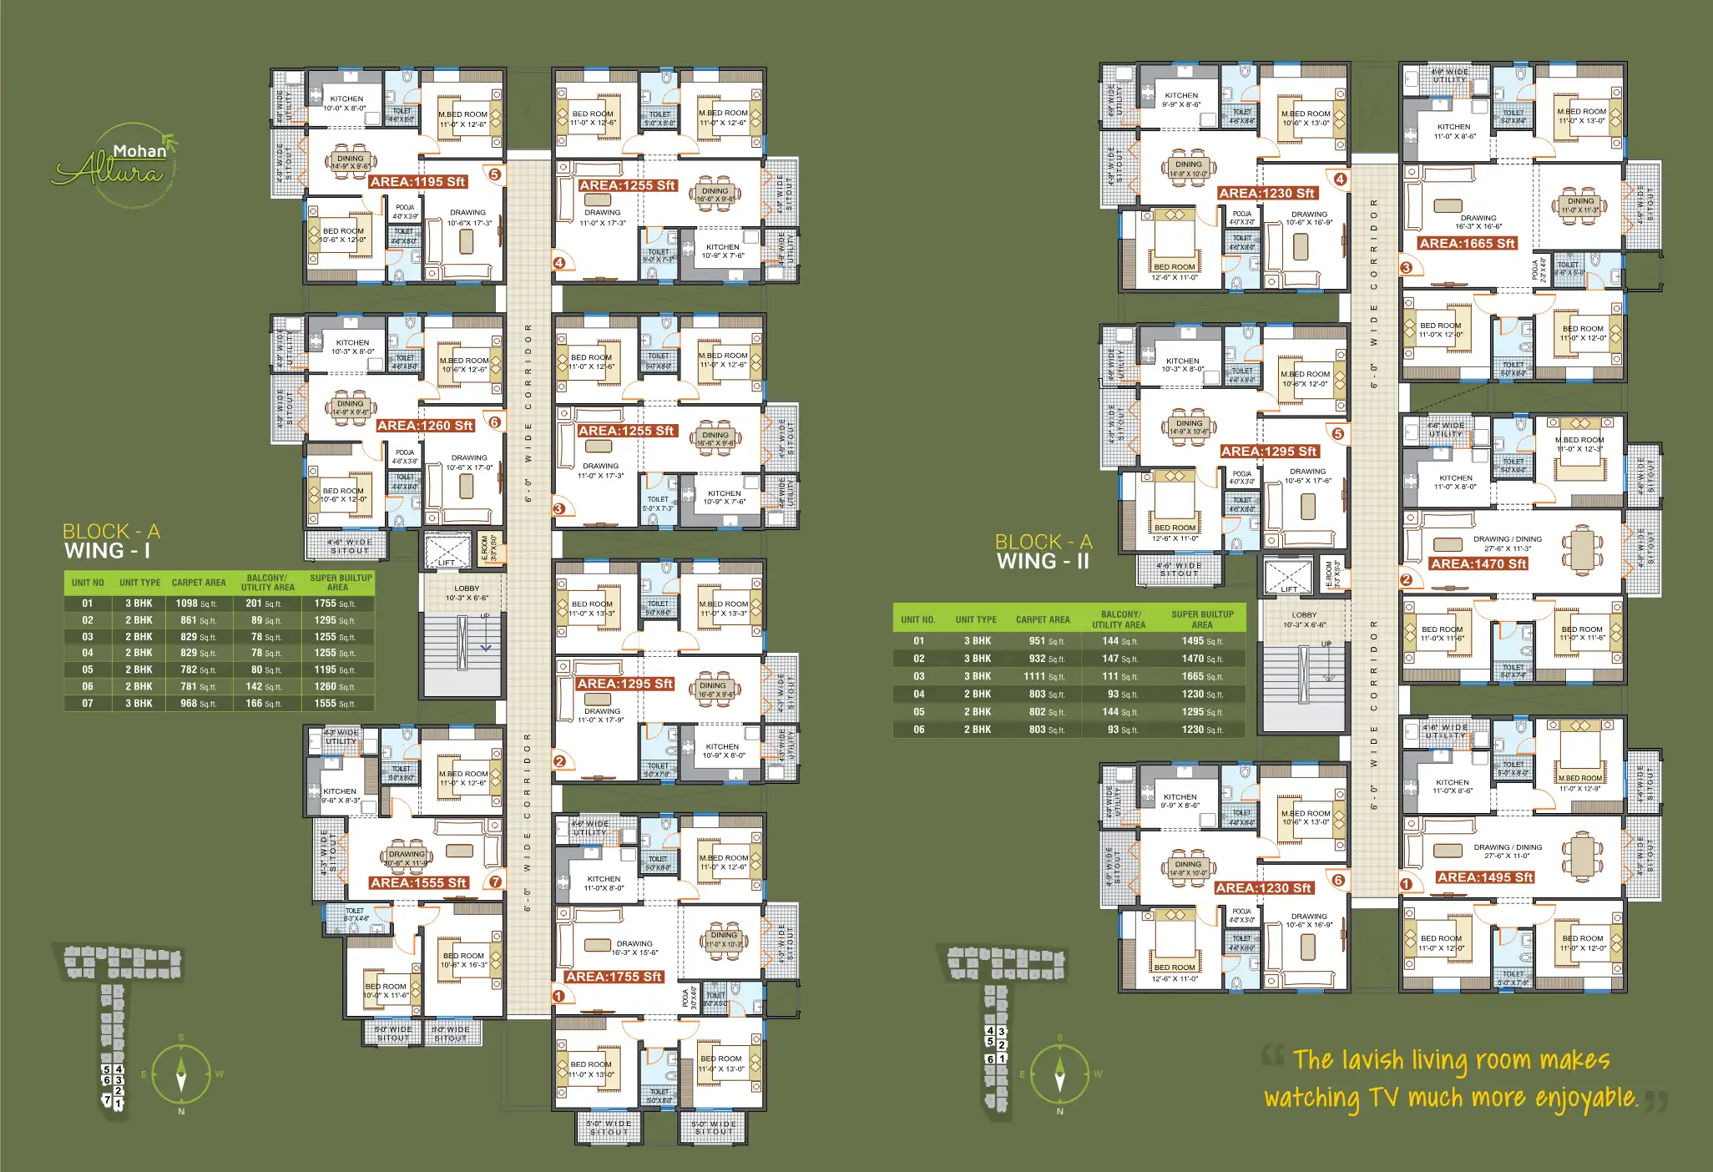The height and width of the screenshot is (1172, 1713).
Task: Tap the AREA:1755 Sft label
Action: [x=613, y=977]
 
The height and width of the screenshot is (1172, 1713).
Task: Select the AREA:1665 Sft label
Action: [x=1467, y=244]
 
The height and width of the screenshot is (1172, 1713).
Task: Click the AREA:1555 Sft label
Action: [x=418, y=883]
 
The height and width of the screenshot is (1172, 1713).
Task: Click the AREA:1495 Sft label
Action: [x=1485, y=877]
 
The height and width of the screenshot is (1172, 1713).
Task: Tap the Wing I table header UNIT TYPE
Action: [x=139, y=583]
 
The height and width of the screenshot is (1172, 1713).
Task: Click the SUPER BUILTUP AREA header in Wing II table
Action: [x=1202, y=619]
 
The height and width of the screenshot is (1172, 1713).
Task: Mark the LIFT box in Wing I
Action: [x=447, y=551]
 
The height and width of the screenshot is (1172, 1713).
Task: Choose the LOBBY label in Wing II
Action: [x=1304, y=615]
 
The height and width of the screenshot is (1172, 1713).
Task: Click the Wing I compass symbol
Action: [x=181, y=1074]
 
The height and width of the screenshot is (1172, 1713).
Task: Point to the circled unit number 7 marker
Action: [x=495, y=882]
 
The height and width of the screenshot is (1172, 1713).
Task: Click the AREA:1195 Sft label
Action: [x=417, y=182]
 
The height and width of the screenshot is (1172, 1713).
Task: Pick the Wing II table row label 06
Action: [x=918, y=730]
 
